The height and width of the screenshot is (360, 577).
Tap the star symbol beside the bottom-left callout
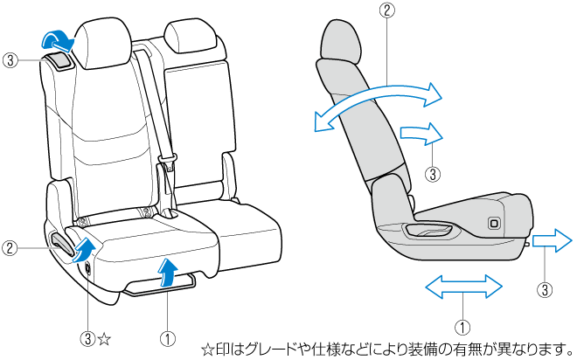(x=104, y=339)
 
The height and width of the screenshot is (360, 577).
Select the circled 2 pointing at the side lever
(x=10, y=248)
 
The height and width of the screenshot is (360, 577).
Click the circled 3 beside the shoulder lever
(x=10, y=60)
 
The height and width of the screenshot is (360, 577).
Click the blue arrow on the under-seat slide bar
(x=166, y=272)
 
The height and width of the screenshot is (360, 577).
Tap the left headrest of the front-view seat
(x=104, y=44)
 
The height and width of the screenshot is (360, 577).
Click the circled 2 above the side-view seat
(x=386, y=10)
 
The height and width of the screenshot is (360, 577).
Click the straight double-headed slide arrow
(x=463, y=286)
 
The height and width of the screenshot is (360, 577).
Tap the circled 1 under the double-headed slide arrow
(x=462, y=327)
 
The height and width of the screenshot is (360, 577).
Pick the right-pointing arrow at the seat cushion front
(x=552, y=241)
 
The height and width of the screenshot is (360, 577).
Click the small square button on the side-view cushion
(x=493, y=223)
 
